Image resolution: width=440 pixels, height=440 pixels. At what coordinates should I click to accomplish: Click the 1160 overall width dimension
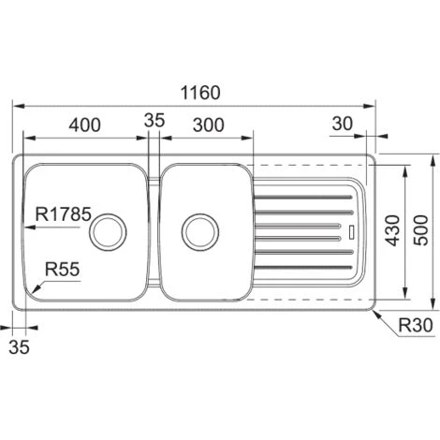pyautogui.click(x=200, y=93)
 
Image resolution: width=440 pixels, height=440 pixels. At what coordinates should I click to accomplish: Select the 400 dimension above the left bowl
pyautogui.click(x=84, y=125)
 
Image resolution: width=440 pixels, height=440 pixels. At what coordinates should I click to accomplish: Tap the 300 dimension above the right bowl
pyautogui.click(x=209, y=125)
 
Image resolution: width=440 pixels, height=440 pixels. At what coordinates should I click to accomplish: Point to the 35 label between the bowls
pyautogui.click(x=154, y=120)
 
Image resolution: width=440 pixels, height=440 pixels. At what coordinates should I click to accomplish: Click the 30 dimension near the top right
pyautogui.click(x=343, y=124)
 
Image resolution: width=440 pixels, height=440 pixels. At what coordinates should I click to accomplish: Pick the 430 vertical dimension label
pyautogui.click(x=392, y=230)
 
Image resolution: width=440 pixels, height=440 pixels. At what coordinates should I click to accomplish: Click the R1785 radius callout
pyautogui.click(x=64, y=214)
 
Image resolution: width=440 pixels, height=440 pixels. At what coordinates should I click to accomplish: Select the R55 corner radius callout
pyautogui.click(x=63, y=269)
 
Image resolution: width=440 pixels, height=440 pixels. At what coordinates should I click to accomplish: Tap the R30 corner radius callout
pyautogui.click(x=416, y=325)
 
